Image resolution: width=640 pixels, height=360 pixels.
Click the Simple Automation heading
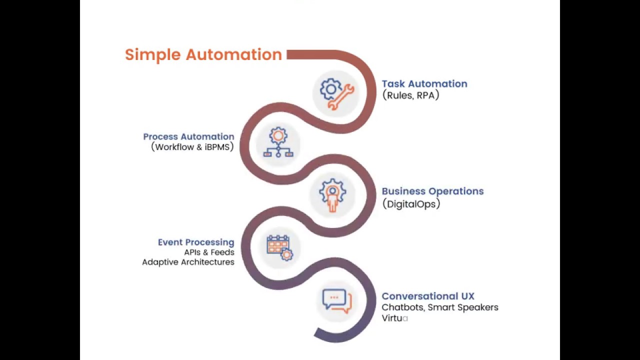tap(203, 54)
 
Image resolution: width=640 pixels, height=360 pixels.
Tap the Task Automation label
tap(424, 84)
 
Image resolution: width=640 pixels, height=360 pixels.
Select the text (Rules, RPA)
tap(410, 95)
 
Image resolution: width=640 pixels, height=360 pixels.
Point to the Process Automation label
tap(188, 136)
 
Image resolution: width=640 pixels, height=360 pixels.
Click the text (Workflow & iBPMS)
tap(192, 147)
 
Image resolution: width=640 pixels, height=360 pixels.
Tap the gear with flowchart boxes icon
tap(278, 143)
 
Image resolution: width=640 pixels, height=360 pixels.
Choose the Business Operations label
tap(432, 191)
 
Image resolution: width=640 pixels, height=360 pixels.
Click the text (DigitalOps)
tap(411, 203)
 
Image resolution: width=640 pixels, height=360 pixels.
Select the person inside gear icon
tap(332, 194)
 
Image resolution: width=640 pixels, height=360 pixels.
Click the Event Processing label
tap(196, 242)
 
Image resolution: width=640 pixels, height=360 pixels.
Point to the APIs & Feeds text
tap(209, 252)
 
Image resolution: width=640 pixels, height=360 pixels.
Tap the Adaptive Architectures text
tap(188, 262)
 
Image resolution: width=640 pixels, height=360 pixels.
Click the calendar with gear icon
tap(279, 247)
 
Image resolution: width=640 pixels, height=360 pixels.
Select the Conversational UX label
tap(428, 296)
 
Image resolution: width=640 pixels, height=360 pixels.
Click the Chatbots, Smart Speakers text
tap(440, 307)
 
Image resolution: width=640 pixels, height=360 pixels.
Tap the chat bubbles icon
tap(336, 301)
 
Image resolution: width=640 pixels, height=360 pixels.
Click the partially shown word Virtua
tap(395, 318)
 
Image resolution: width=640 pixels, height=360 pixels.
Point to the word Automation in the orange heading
tap(234, 54)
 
